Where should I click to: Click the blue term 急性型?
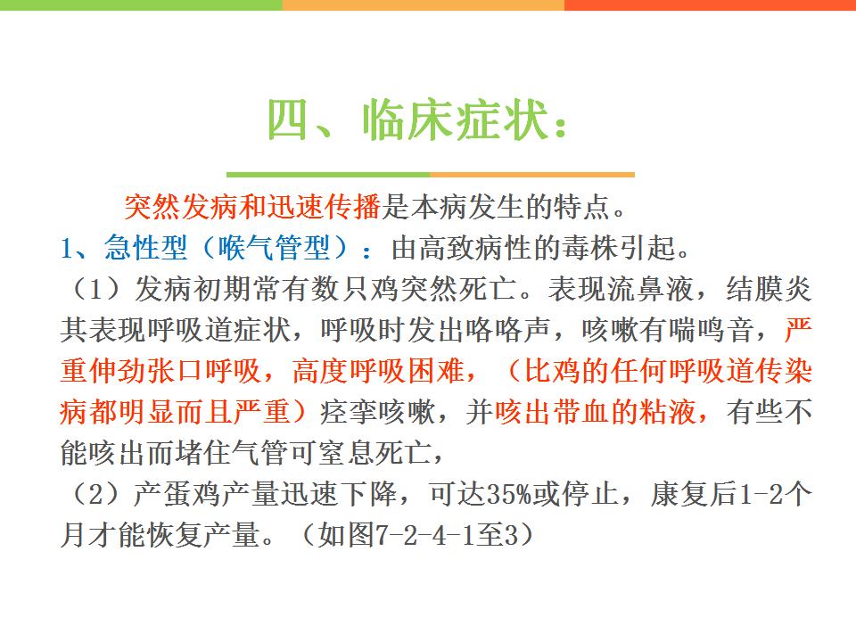[x=146, y=248]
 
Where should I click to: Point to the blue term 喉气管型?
[x=274, y=248]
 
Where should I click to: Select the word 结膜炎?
[x=770, y=289]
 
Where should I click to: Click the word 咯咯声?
[x=507, y=330]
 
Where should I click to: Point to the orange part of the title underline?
[x=532, y=175]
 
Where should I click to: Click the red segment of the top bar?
[x=711, y=5]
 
